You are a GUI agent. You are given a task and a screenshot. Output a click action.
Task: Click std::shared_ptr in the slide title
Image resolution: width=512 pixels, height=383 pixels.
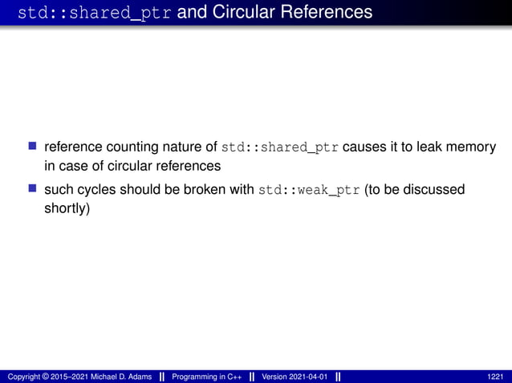click(91, 12)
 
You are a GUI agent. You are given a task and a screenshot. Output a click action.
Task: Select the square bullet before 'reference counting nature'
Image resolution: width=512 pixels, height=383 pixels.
click(33, 147)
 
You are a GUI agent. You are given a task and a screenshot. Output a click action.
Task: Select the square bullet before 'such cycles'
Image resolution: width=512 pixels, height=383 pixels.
click(33, 190)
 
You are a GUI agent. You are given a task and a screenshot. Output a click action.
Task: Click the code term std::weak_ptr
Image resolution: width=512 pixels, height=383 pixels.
click(309, 191)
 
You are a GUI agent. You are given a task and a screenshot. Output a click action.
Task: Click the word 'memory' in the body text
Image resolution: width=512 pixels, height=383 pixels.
click(469, 147)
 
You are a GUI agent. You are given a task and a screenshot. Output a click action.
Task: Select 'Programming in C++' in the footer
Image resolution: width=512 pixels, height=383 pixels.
click(207, 377)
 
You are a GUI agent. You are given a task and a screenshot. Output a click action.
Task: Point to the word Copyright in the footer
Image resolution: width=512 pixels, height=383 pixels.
click(25, 377)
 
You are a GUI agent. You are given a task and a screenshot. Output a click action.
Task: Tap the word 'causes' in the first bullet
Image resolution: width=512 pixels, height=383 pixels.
click(367, 147)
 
